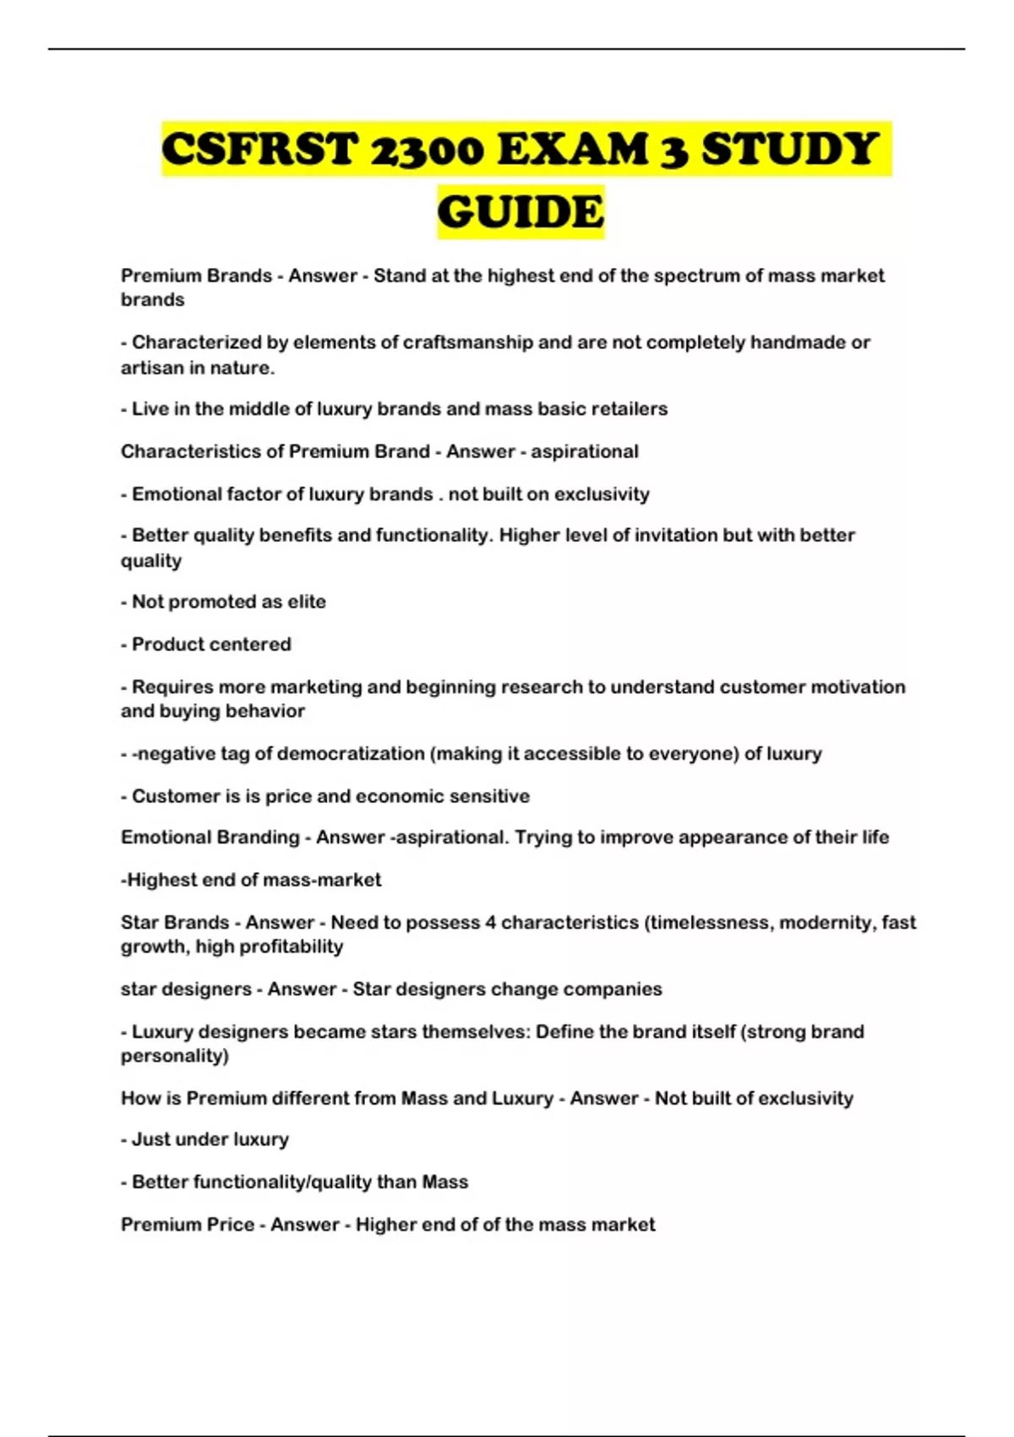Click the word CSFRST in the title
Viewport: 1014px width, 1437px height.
[259, 150]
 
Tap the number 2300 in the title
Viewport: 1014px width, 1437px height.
[427, 150]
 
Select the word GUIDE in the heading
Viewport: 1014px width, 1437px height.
[521, 211]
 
